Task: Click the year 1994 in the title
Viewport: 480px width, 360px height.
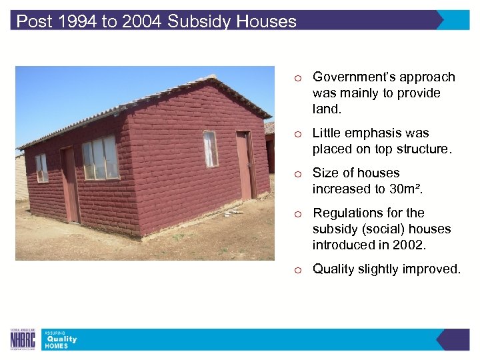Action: coord(76,21)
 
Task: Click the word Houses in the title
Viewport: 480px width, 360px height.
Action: coord(266,21)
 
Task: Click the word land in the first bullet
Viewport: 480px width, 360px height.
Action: coord(325,109)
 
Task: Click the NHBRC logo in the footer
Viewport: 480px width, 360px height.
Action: coord(23,339)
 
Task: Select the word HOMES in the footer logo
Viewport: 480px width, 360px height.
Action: coord(57,347)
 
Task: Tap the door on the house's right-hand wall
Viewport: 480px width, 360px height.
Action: coord(245,165)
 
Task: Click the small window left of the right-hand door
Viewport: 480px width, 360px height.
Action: coord(211,148)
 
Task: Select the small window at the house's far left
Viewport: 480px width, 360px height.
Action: coord(41,168)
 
